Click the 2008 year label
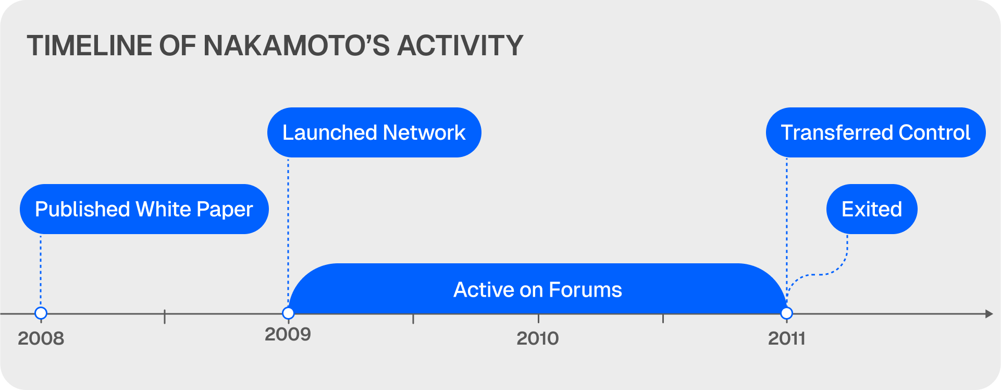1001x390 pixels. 41,338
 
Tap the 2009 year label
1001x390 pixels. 288,334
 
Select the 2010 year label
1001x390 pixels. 538,338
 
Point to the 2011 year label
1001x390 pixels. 787,338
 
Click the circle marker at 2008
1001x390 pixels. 41,313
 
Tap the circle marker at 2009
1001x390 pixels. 288,313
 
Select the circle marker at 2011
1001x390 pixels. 787,313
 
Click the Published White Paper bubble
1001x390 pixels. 144,209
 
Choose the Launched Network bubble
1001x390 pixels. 374,132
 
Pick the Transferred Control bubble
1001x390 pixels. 876,132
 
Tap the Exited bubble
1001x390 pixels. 872,209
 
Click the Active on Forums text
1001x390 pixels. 538,289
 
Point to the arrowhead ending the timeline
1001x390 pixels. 989,313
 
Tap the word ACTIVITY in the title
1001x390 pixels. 460,45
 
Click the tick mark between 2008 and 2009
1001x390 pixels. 165,316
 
